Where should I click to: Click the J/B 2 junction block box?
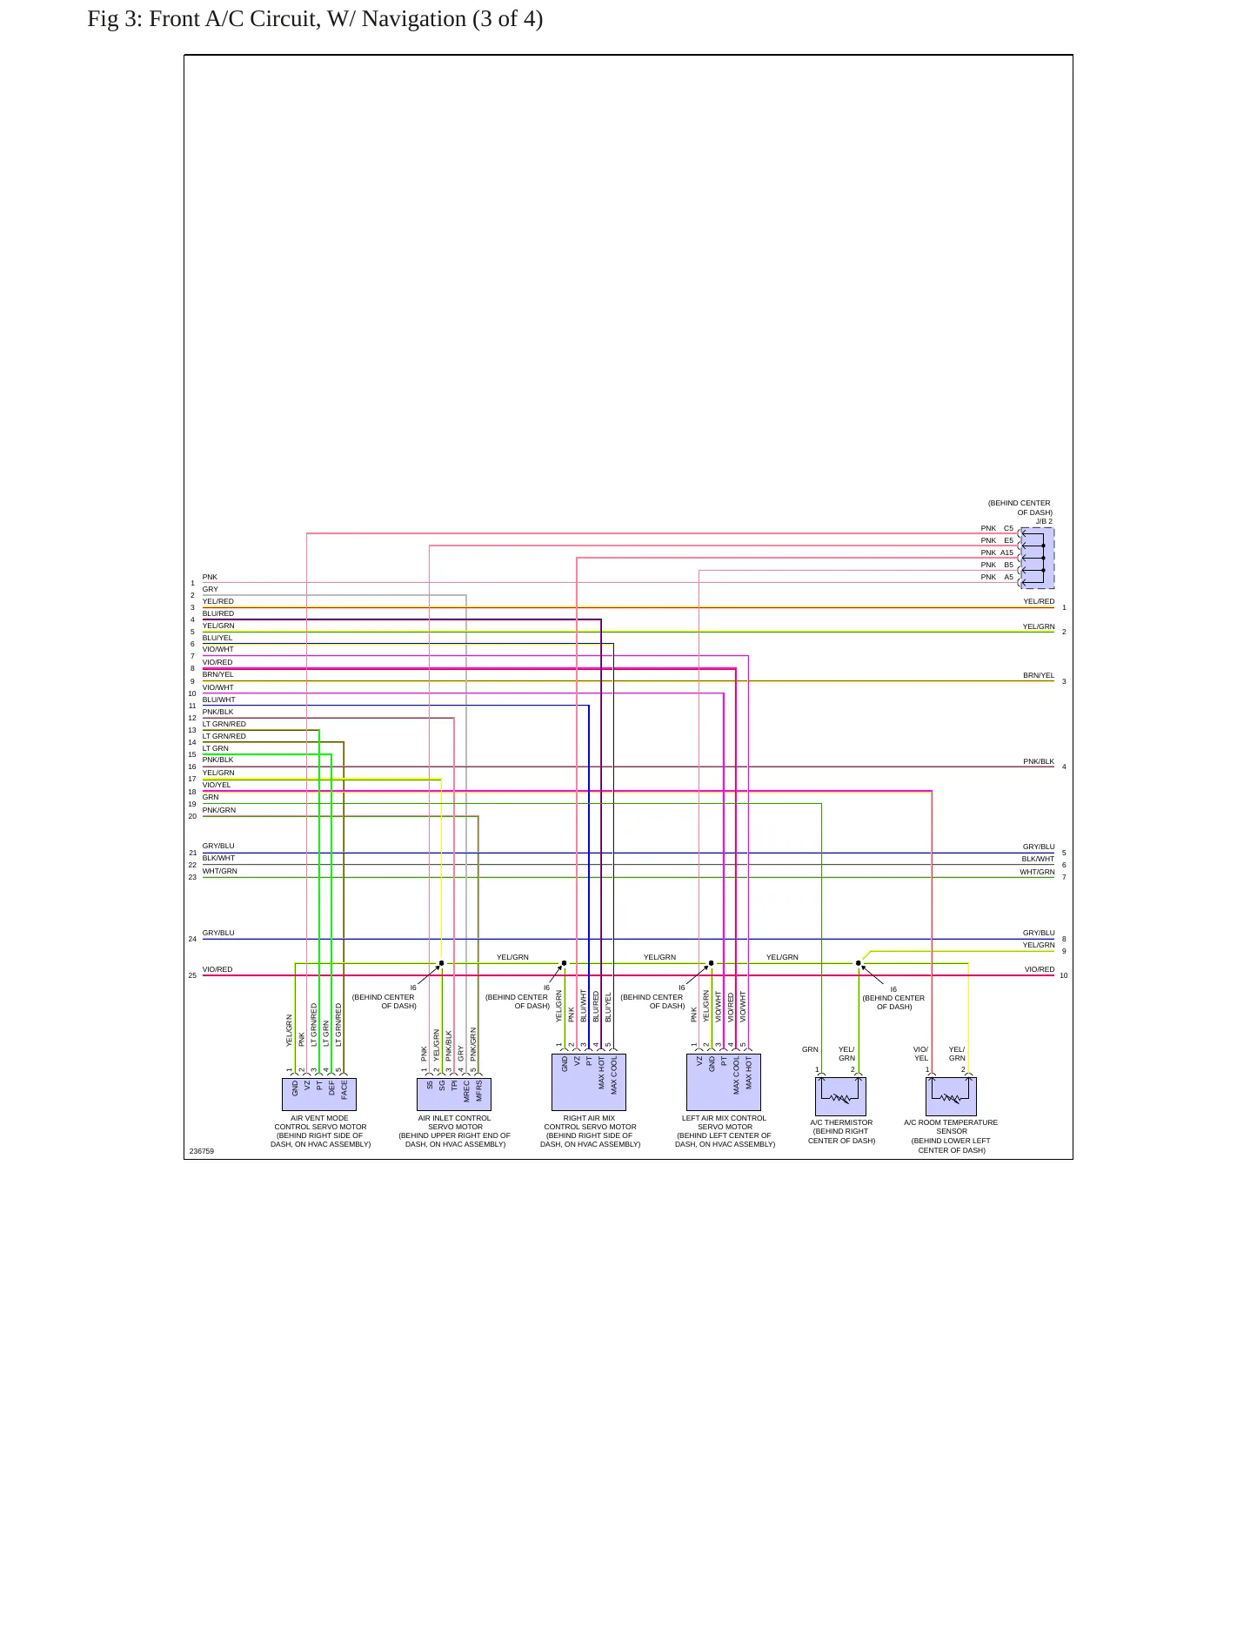1038,558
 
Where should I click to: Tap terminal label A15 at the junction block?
1006,552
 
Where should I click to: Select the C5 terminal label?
1008,528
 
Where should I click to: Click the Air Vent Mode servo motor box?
319,1094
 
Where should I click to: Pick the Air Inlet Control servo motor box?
454,1094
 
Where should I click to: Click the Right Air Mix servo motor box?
589,1081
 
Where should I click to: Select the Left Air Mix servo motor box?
724,1081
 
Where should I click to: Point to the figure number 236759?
202,1151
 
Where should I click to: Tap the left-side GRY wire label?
211,589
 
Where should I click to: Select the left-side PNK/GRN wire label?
219,810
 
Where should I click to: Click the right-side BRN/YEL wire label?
1039,675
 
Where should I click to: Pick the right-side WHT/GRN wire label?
1038,872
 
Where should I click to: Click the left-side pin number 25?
192,975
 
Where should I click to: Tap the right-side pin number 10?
1064,975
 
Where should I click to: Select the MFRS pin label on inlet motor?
479,1091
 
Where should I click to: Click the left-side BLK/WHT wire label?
219,858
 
